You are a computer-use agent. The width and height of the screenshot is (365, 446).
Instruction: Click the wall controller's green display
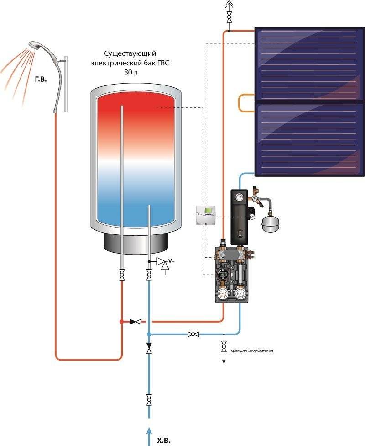click(208, 211)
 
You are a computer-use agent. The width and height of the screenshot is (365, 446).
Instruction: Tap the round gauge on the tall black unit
click(238, 198)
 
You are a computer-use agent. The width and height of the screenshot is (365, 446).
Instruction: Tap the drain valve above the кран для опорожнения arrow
click(224, 346)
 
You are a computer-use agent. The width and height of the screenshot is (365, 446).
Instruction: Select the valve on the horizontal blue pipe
click(193, 334)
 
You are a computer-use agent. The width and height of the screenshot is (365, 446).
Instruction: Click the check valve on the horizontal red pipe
click(136, 322)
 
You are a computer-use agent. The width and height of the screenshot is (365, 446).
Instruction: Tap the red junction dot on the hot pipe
click(121, 322)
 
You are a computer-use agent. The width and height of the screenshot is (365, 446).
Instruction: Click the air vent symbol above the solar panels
click(229, 6)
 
